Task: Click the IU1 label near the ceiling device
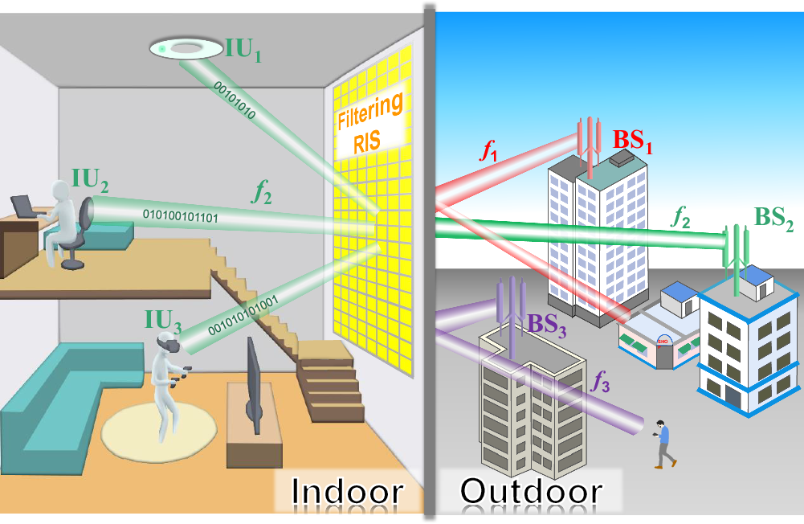(x=245, y=54)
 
